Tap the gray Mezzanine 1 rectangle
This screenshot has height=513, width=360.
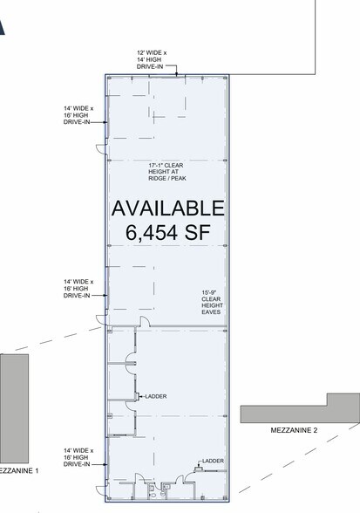click(x=14, y=406)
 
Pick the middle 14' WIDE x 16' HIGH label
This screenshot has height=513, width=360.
click(x=76, y=287)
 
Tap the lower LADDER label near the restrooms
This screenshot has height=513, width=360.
click(x=212, y=462)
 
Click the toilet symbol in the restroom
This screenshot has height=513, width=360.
click(x=153, y=494)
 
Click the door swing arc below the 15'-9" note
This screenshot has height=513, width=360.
click(x=146, y=322)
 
